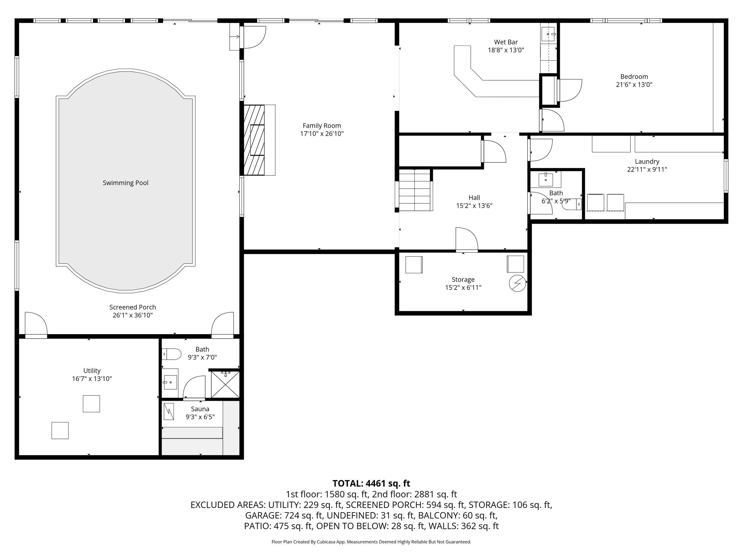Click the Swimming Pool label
point(125,183)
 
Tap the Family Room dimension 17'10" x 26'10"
point(322,134)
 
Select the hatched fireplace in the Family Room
point(254,140)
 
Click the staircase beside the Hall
point(415,190)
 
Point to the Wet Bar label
point(506,42)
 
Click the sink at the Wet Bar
point(548,34)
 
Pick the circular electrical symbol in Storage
point(517,283)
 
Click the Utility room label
point(92,371)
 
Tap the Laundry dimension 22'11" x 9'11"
point(647,169)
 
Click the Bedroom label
point(634,77)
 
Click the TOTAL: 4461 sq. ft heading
point(371,484)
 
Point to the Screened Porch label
point(132,307)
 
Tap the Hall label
point(474,198)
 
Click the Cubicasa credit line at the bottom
point(371,542)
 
